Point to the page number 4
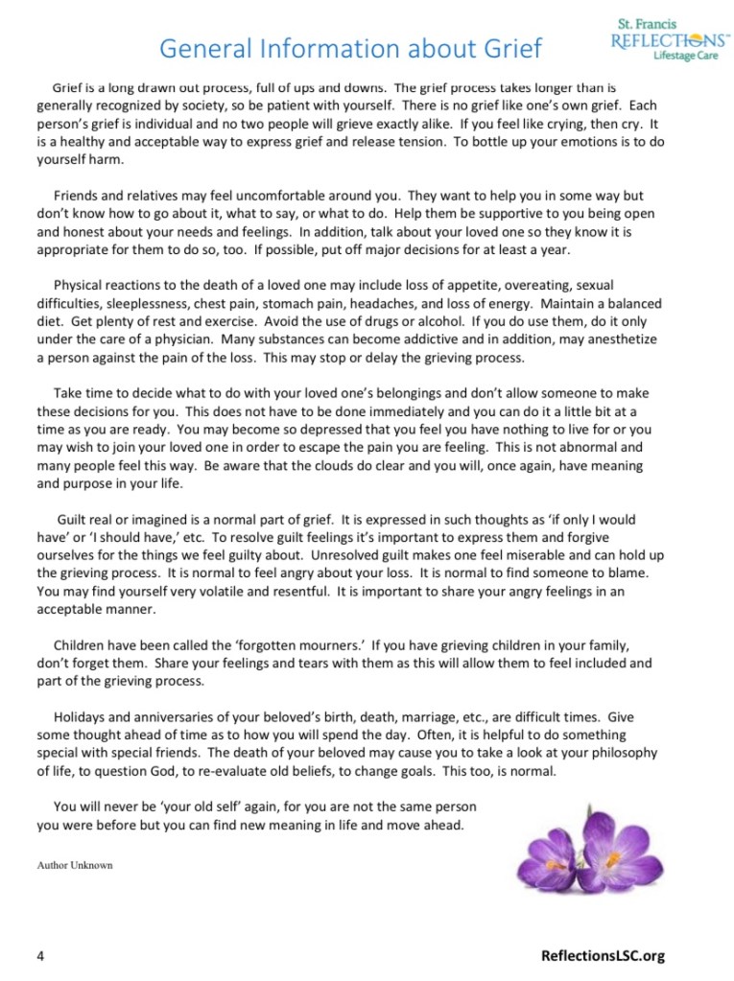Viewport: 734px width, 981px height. pos(41,955)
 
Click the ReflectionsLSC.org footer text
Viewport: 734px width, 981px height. pos(603,955)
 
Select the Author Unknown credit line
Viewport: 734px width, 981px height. pos(75,865)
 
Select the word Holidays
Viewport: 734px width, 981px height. pos(82,717)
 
